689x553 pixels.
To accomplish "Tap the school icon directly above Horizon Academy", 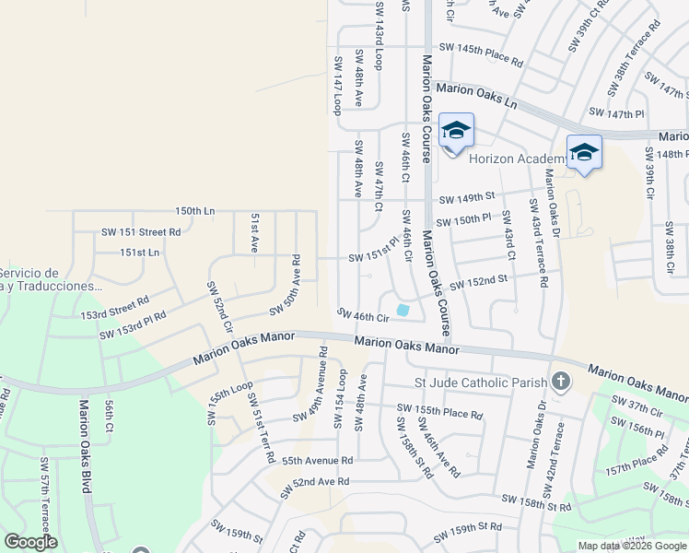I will (x=456, y=131).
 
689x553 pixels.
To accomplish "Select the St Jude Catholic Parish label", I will (x=481, y=381).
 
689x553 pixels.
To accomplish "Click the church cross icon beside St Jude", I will (x=559, y=382).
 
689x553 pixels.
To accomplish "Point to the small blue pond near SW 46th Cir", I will (x=403, y=311).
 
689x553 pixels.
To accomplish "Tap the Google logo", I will (x=30, y=542).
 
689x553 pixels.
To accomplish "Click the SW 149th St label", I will (x=467, y=197).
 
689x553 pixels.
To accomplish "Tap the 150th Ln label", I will (x=194, y=211).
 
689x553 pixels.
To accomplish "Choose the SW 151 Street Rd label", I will (x=143, y=231).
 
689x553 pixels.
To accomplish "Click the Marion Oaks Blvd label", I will (x=85, y=445).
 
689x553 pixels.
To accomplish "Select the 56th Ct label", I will (x=109, y=416).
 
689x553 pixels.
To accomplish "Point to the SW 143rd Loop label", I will (x=379, y=47).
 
